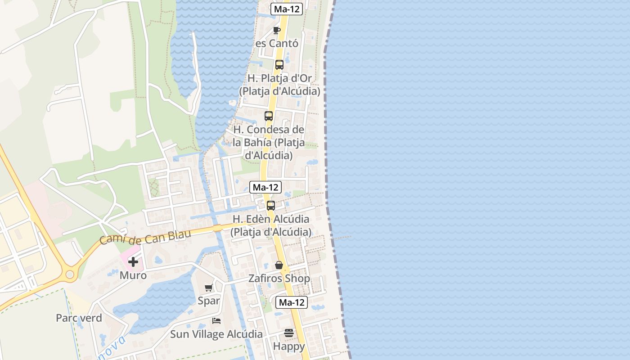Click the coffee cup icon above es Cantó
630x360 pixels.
277,30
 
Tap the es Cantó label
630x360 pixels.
277,44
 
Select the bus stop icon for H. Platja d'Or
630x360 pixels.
279,64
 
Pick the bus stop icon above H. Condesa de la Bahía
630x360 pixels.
269,116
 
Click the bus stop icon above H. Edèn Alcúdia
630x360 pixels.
271,206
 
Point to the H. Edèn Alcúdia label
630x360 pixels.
271,225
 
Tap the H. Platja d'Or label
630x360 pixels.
279,85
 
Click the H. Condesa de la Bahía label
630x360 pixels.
269,143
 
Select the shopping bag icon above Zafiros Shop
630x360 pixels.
279,265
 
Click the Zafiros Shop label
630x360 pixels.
279,279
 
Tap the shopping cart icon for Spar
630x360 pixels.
208,288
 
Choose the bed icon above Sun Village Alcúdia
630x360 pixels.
216,321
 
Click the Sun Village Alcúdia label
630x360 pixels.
216,334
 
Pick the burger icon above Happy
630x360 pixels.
289,333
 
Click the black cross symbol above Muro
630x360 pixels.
133,261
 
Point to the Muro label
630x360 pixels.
133,275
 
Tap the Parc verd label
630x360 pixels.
79,318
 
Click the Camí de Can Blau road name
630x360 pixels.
145,237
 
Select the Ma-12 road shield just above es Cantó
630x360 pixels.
287,9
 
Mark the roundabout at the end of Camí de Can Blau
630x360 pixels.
70,274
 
